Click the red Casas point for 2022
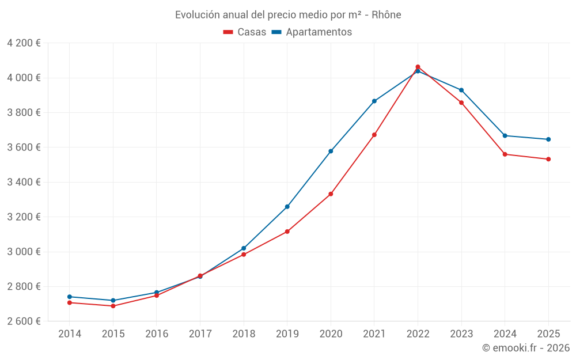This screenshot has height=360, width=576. pos(418,67)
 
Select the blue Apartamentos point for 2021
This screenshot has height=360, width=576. pos(374,101)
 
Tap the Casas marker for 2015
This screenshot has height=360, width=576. pos(113,306)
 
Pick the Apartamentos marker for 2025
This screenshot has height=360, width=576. pos(548,139)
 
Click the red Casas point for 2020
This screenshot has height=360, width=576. pos(331,194)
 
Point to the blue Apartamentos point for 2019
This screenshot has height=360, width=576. pos(287,207)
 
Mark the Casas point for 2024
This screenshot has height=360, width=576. pos(505,154)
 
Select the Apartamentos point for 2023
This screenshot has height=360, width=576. pos(461,90)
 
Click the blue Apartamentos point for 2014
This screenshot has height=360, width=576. pos(70,297)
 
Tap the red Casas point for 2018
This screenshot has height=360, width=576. pos(244,255)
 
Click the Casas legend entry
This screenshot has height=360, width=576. pos(245,32)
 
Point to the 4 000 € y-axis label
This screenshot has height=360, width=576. pos(24,78)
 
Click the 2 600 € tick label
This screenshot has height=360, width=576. pos(24,321)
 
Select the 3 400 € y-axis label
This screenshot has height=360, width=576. pos(24,182)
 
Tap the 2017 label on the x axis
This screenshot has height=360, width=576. pos(200,334)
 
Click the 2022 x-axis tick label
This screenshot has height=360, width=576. pos(418,334)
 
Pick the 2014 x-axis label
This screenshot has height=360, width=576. pos(70,334)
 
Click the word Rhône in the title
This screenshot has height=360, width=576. pos(386,15)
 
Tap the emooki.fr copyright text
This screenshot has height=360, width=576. pos(526,348)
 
